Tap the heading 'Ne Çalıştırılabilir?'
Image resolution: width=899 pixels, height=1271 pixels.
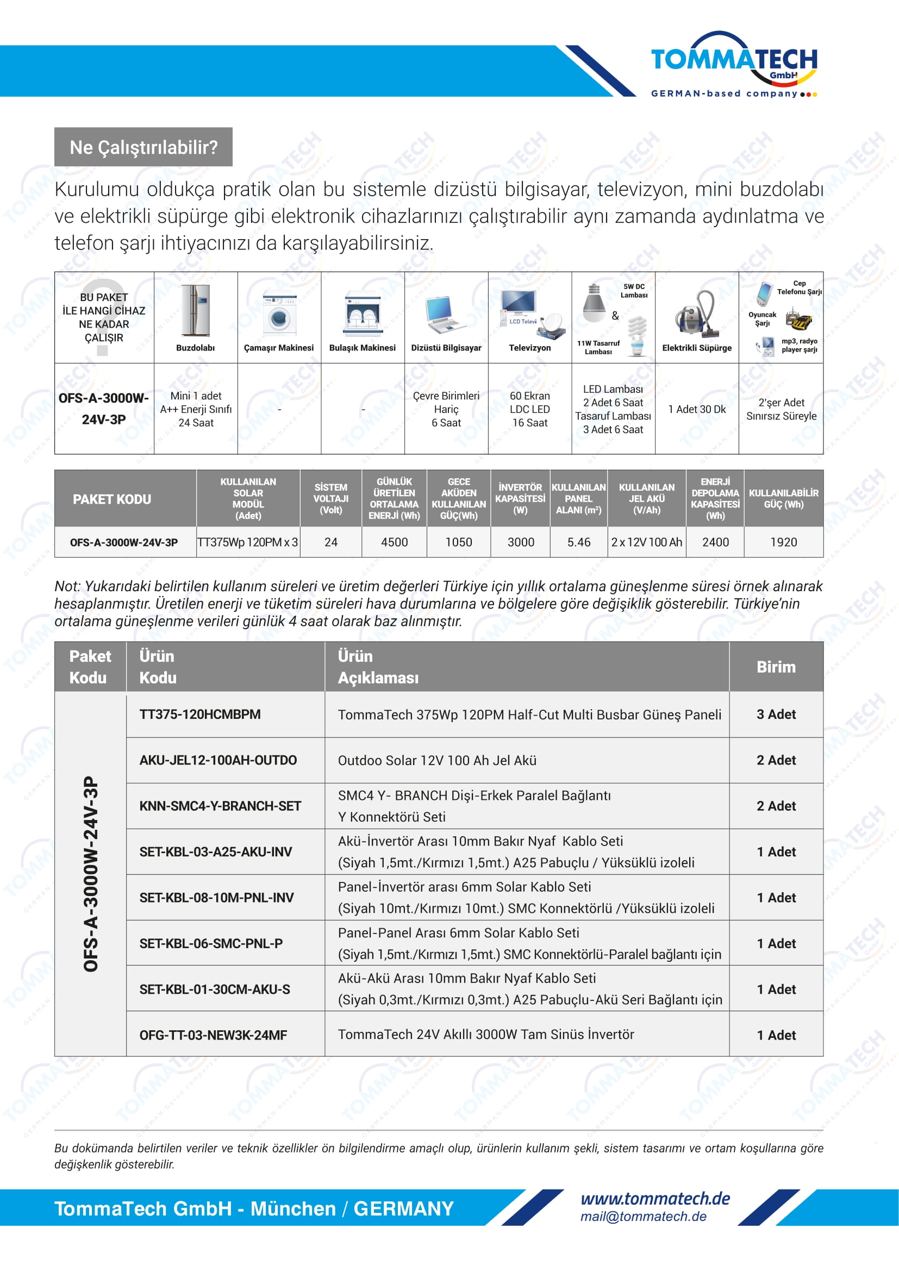coord(143,147)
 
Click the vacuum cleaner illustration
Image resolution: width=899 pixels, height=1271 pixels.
coord(696,315)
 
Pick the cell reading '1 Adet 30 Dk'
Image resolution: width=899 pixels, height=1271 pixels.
coord(697,409)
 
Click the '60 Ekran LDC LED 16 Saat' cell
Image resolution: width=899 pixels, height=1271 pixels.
coord(530,409)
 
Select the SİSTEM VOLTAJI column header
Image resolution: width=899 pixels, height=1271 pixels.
coord(330,498)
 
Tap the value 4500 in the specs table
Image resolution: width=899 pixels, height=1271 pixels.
coord(394,542)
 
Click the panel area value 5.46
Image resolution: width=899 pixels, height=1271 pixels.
coord(578,542)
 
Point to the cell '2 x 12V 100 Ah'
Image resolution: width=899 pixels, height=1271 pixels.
coord(647,542)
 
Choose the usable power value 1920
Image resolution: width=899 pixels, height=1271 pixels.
coord(783,542)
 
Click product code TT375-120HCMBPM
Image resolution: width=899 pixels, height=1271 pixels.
coord(200,714)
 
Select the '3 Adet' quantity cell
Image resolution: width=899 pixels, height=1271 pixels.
coord(776,714)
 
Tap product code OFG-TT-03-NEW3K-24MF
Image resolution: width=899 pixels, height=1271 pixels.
coord(213,1035)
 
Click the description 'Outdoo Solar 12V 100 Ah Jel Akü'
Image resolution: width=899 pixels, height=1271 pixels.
coord(438,760)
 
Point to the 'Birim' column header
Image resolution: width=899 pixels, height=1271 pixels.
coord(776,667)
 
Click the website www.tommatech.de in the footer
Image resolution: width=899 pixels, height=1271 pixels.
coord(655,1199)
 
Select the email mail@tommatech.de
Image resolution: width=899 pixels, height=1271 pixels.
coord(643,1216)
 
